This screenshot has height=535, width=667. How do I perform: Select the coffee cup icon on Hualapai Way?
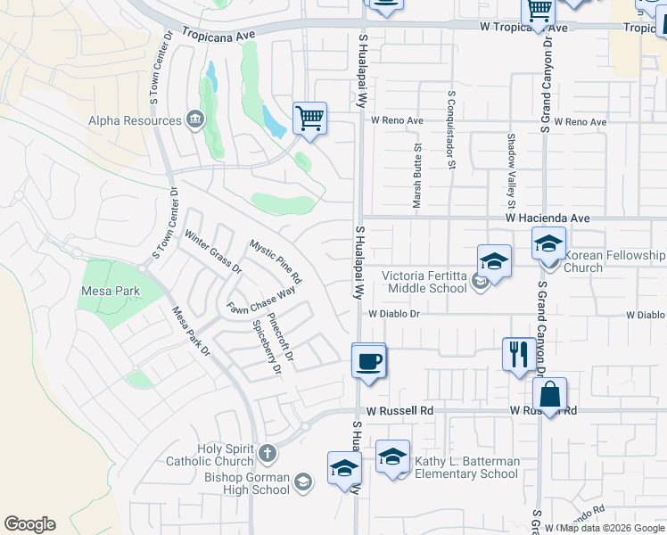[369, 361]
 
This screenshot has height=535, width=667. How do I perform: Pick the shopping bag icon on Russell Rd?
[550, 395]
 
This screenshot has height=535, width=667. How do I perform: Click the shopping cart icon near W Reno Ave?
[309, 118]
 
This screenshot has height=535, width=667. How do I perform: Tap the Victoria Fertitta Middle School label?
[424, 282]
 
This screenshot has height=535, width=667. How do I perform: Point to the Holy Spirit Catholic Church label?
[210, 455]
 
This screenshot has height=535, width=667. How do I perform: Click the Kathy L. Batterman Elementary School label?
[465, 467]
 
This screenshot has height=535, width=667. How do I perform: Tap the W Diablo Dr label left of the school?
[393, 314]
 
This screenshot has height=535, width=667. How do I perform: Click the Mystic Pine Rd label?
[276, 261]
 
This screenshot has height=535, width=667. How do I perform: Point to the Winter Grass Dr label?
[212, 251]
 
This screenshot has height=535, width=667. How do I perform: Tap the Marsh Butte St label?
[416, 176]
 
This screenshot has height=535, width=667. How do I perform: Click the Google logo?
[29, 524]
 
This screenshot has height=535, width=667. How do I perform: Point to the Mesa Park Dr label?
[191, 332]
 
